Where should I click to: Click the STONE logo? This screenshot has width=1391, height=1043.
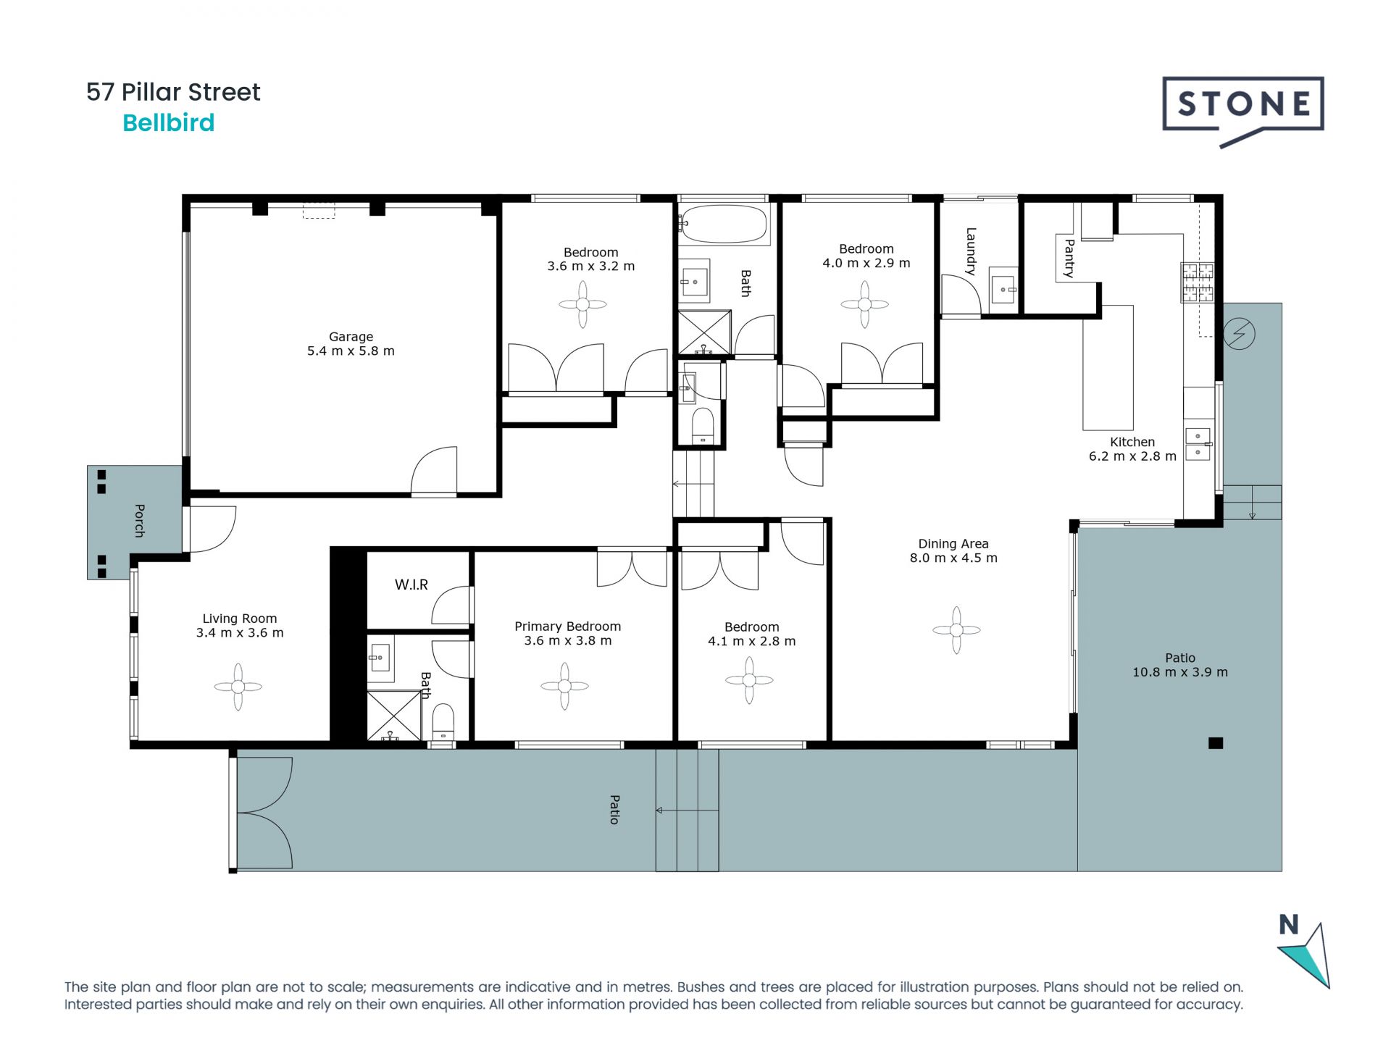coord(1243,111)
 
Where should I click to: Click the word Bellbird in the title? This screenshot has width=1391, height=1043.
coord(169,123)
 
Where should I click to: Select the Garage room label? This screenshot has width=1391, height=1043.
coord(351,337)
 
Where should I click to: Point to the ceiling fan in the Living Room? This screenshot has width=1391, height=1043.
coord(238,687)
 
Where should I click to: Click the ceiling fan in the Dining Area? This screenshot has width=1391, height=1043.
coord(956,630)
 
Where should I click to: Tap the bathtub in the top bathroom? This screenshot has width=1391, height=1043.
coord(723,224)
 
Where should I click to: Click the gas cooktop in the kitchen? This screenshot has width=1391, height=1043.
coord(1197,282)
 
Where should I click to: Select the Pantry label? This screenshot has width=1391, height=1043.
coord(1069,258)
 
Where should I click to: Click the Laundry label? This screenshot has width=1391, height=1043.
coord(971,251)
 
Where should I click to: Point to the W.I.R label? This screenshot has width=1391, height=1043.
coord(412,585)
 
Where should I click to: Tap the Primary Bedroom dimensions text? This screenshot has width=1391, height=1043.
coord(568,641)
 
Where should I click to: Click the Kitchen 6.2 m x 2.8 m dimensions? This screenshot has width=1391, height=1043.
coord(1132,456)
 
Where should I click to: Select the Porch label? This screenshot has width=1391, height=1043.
coord(139,521)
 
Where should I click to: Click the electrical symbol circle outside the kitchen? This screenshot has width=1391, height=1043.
coord(1239,334)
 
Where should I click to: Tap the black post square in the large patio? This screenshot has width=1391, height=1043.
coord(1216,742)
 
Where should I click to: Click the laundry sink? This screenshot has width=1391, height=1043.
coord(1003,290)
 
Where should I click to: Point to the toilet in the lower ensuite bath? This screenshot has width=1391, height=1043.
coord(443,721)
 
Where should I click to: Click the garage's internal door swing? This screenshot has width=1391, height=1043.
coord(434,471)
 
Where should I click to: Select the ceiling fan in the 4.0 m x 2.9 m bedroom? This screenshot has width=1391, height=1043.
coord(864,304)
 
